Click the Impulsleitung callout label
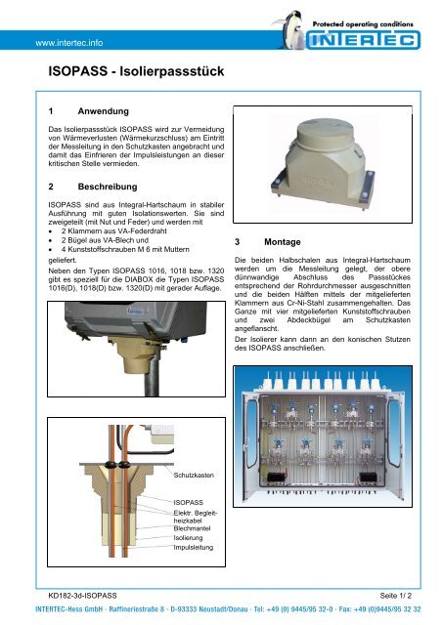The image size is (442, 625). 195,549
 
